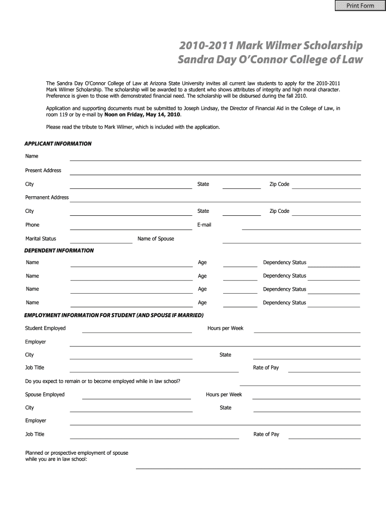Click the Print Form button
click(x=357, y=6)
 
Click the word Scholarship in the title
click(x=329, y=46)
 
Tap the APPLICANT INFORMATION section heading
click(x=58, y=144)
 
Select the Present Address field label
click(x=43, y=171)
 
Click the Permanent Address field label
click(x=47, y=198)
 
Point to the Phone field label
click(x=32, y=225)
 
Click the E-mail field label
click(x=204, y=225)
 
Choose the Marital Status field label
click(x=41, y=238)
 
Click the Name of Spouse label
click(x=156, y=239)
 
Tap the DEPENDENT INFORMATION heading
click(x=59, y=250)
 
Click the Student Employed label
click(x=45, y=328)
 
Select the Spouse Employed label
click(x=45, y=395)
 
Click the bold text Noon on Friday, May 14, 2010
click(x=142, y=114)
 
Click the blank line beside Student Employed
click(x=137, y=332)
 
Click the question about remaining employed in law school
click(x=103, y=381)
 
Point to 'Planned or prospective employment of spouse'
click(x=77, y=453)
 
